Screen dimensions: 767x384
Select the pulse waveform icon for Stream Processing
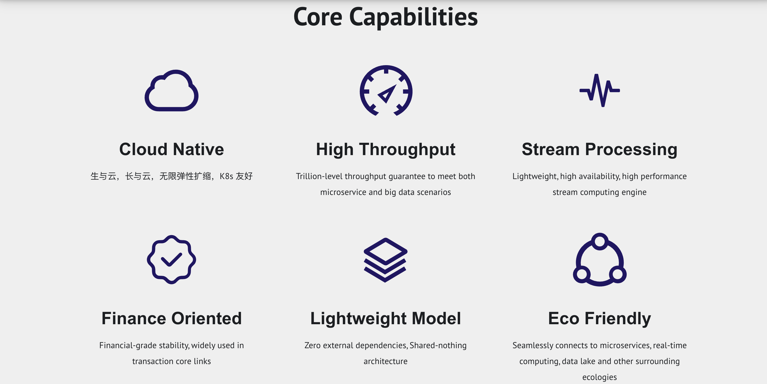(x=600, y=90)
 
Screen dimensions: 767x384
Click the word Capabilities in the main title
(x=413, y=17)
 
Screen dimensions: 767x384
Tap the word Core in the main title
(x=318, y=17)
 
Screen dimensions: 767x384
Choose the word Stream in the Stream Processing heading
(x=550, y=149)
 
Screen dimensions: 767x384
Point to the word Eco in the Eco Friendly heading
(x=564, y=318)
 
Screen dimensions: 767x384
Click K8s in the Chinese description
(x=226, y=176)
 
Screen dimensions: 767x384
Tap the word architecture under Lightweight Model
(x=385, y=361)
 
